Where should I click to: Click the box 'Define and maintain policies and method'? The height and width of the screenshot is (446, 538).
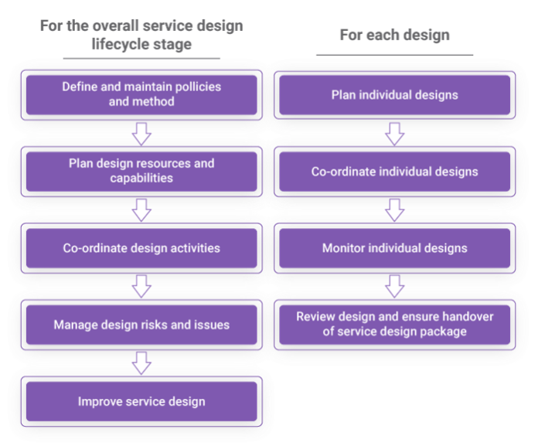(x=141, y=94)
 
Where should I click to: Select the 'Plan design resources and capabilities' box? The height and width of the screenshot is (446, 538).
(x=141, y=171)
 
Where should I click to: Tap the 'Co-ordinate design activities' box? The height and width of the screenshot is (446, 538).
(x=141, y=248)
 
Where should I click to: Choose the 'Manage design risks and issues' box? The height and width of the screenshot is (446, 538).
(x=141, y=325)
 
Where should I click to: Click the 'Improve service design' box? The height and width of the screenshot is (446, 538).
(x=141, y=401)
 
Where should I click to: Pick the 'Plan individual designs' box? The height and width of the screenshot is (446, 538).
(x=394, y=95)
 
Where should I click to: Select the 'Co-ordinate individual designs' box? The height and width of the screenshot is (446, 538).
(x=394, y=172)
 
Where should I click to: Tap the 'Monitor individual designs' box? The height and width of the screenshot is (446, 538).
(x=394, y=248)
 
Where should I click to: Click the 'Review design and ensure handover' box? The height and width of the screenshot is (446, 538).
(x=394, y=325)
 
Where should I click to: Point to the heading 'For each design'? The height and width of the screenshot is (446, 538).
(x=394, y=36)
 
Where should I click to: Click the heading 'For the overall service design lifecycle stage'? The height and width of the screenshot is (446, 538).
(x=141, y=35)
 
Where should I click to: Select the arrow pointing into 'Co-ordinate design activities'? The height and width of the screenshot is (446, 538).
(x=141, y=209)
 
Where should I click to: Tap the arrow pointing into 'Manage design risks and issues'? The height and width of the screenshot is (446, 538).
(x=141, y=286)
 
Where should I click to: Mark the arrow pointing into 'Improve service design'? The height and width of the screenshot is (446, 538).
(x=141, y=363)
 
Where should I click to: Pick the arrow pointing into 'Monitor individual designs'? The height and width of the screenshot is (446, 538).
(x=394, y=209)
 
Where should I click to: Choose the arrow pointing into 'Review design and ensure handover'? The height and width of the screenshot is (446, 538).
(x=394, y=286)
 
